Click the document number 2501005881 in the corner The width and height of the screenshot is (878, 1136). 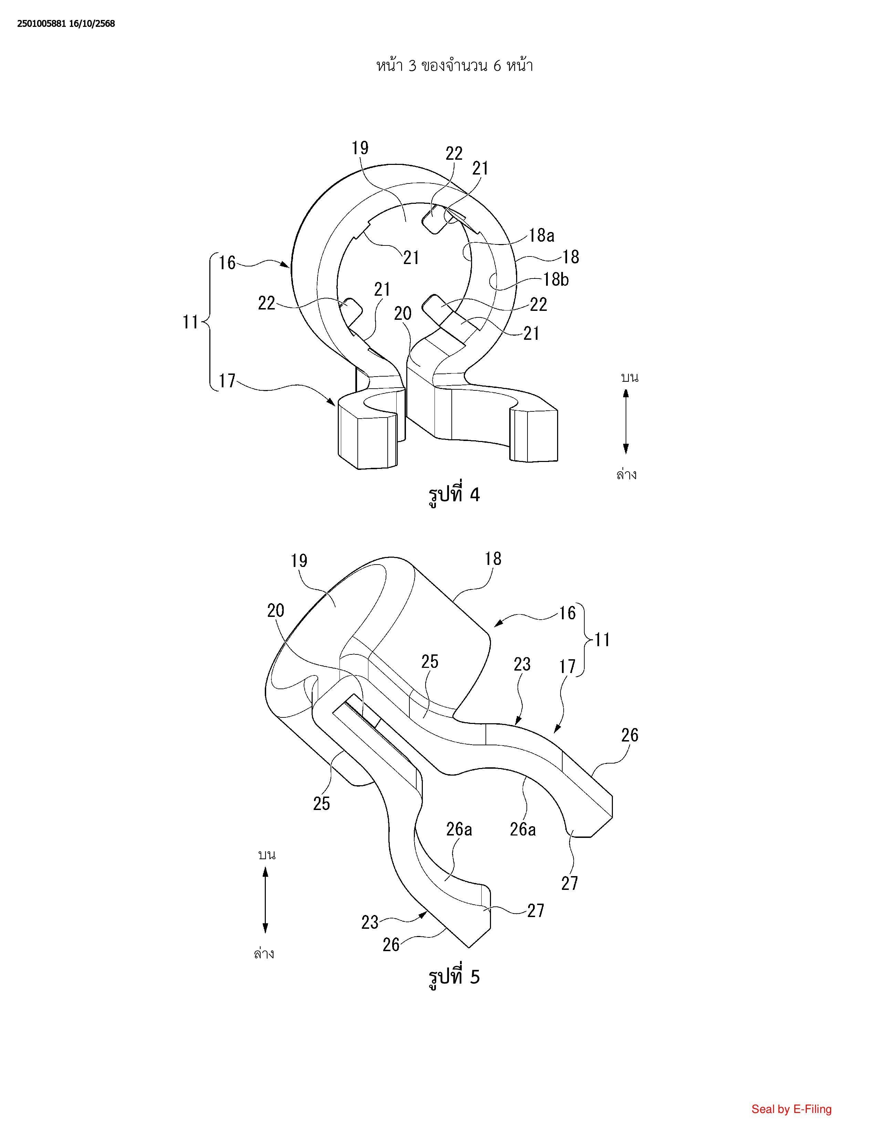42,23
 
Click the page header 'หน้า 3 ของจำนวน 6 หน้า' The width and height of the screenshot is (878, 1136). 454,66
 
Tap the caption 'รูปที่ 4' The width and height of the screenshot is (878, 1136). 453,494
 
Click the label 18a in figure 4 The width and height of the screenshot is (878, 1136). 542,235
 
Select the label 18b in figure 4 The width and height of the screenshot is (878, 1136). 555,280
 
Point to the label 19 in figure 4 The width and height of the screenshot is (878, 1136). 360,148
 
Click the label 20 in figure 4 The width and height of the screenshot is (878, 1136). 403,313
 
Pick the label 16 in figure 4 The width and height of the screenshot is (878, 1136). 227,263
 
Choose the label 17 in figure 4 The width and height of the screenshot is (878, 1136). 227,381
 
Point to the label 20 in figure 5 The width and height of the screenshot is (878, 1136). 276,610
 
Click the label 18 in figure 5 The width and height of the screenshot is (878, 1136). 493,559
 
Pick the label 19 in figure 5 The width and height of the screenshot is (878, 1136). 299,561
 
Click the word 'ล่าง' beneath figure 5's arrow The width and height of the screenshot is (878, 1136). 264,954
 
